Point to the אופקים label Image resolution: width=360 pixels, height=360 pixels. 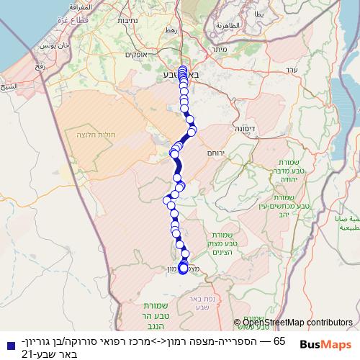coord(136,55)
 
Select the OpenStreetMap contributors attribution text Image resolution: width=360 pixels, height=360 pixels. coord(296,322)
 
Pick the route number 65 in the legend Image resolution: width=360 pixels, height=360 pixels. coord(280,340)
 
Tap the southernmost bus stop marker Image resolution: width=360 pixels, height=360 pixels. coord(183,269)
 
